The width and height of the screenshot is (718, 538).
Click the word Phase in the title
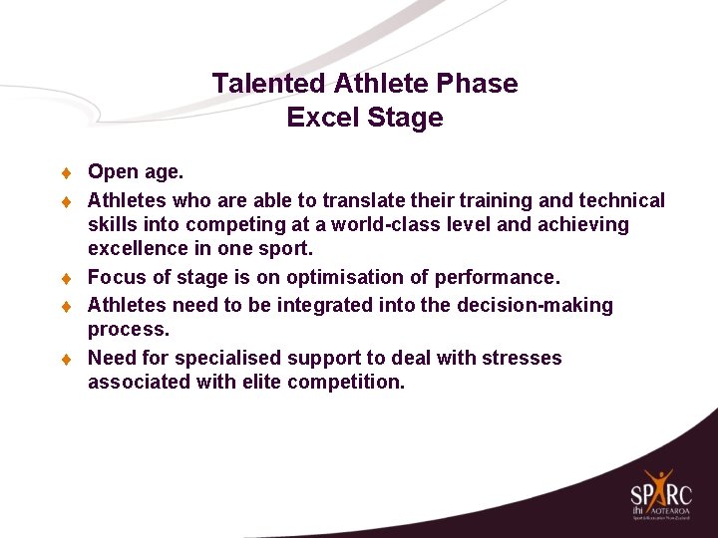tap(482, 84)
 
